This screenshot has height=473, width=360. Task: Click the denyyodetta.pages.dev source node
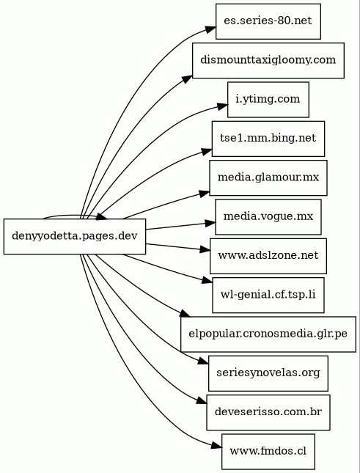pyautogui.click(x=75, y=236)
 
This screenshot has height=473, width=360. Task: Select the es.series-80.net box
pyautogui.click(x=268, y=21)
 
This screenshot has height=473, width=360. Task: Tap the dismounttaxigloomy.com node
pyautogui.click(x=268, y=60)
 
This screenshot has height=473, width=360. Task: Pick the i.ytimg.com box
pyautogui.click(x=268, y=100)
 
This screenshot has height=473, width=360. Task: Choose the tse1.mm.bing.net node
pyautogui.click(x=268, y=139)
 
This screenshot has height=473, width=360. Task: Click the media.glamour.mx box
pyautogui.click(x=268, y=177)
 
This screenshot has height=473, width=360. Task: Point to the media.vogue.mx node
pyautogui.click(x=268, y=217)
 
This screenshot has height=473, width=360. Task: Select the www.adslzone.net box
pyautogui.click(x=268, y=256)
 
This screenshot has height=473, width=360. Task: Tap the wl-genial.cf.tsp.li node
pyautogui.click(x=268, y=295)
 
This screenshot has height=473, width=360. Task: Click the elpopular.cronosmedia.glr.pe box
pyautogui.click(x=268, y=334)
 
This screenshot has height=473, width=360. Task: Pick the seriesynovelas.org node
pyautogui.click(x=268, y=373)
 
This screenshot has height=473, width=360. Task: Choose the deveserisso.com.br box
pyautogui.click(x=268, y=412)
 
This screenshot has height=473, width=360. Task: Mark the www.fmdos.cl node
pyautogui.click(x=268, y=452)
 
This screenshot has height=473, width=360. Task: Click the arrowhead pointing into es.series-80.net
pyautogui.click(x=211, y=29)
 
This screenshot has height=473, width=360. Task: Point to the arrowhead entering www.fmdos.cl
pyautogui.click(x=216, y=446)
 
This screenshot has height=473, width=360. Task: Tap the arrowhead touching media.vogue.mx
pyautogui.click(x=210, y=224)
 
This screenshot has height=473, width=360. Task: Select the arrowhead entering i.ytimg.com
pyautogui.click(x=222, y=106)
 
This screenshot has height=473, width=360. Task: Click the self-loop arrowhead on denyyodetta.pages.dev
pyautogui.click(x=101, y=216)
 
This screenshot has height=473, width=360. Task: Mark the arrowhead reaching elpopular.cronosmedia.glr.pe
pyautogui.click(x=185, y=313)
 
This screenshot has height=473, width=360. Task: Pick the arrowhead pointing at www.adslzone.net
pyautogui.click(x=205, y=249)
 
